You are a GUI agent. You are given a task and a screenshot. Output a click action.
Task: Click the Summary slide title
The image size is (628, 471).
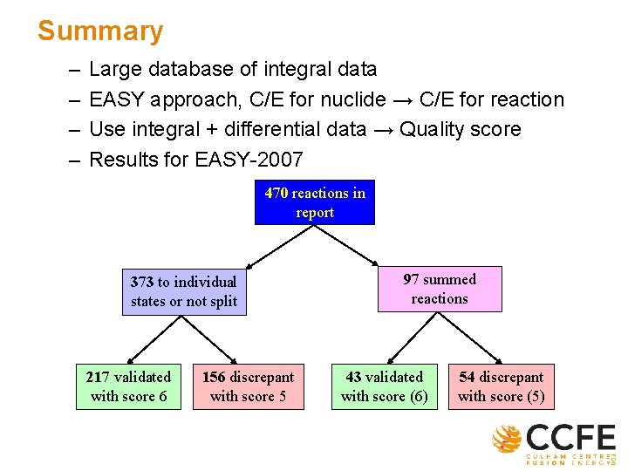pos(99,31)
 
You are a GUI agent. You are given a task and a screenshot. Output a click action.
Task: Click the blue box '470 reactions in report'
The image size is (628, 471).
pos(314,202)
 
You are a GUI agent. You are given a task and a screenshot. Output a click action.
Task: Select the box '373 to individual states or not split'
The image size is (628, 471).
pos(183,291)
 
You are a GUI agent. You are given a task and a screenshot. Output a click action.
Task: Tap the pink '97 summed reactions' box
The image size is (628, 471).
pos(440,289)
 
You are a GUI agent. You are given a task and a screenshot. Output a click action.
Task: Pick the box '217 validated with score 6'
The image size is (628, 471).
pos(128,386)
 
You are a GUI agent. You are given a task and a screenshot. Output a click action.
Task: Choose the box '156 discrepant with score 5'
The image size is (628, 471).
pos(248,386)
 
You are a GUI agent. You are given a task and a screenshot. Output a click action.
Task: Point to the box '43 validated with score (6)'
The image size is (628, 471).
pos(384,386)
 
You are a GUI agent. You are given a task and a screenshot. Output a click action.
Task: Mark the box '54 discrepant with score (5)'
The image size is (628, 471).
pos(501,386)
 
